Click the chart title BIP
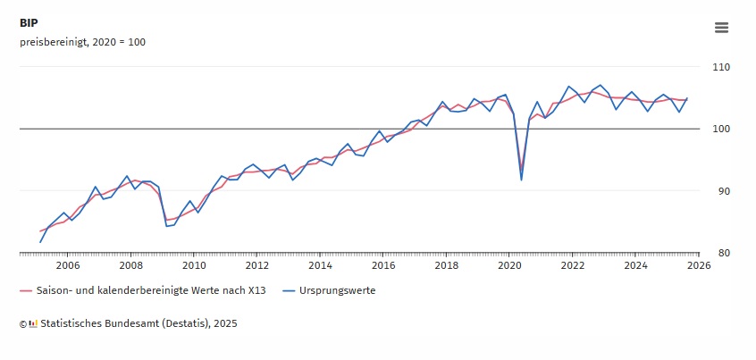coord(29,23)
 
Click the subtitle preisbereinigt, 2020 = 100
coord(82,42)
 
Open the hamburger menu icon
coord(721,28)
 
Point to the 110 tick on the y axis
coord(721,67)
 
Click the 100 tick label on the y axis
coord(721,129)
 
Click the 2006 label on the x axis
coord(68,265)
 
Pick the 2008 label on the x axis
coord(130,265)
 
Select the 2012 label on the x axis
coord(256,265)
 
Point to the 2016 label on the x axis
coord(383,265)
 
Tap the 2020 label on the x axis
coord(509,265)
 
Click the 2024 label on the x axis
coord(635,265)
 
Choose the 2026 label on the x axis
coord(699,265)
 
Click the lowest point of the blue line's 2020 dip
coord(522,180)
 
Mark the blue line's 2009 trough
coord(167,226)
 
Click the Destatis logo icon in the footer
coord(33,323)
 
